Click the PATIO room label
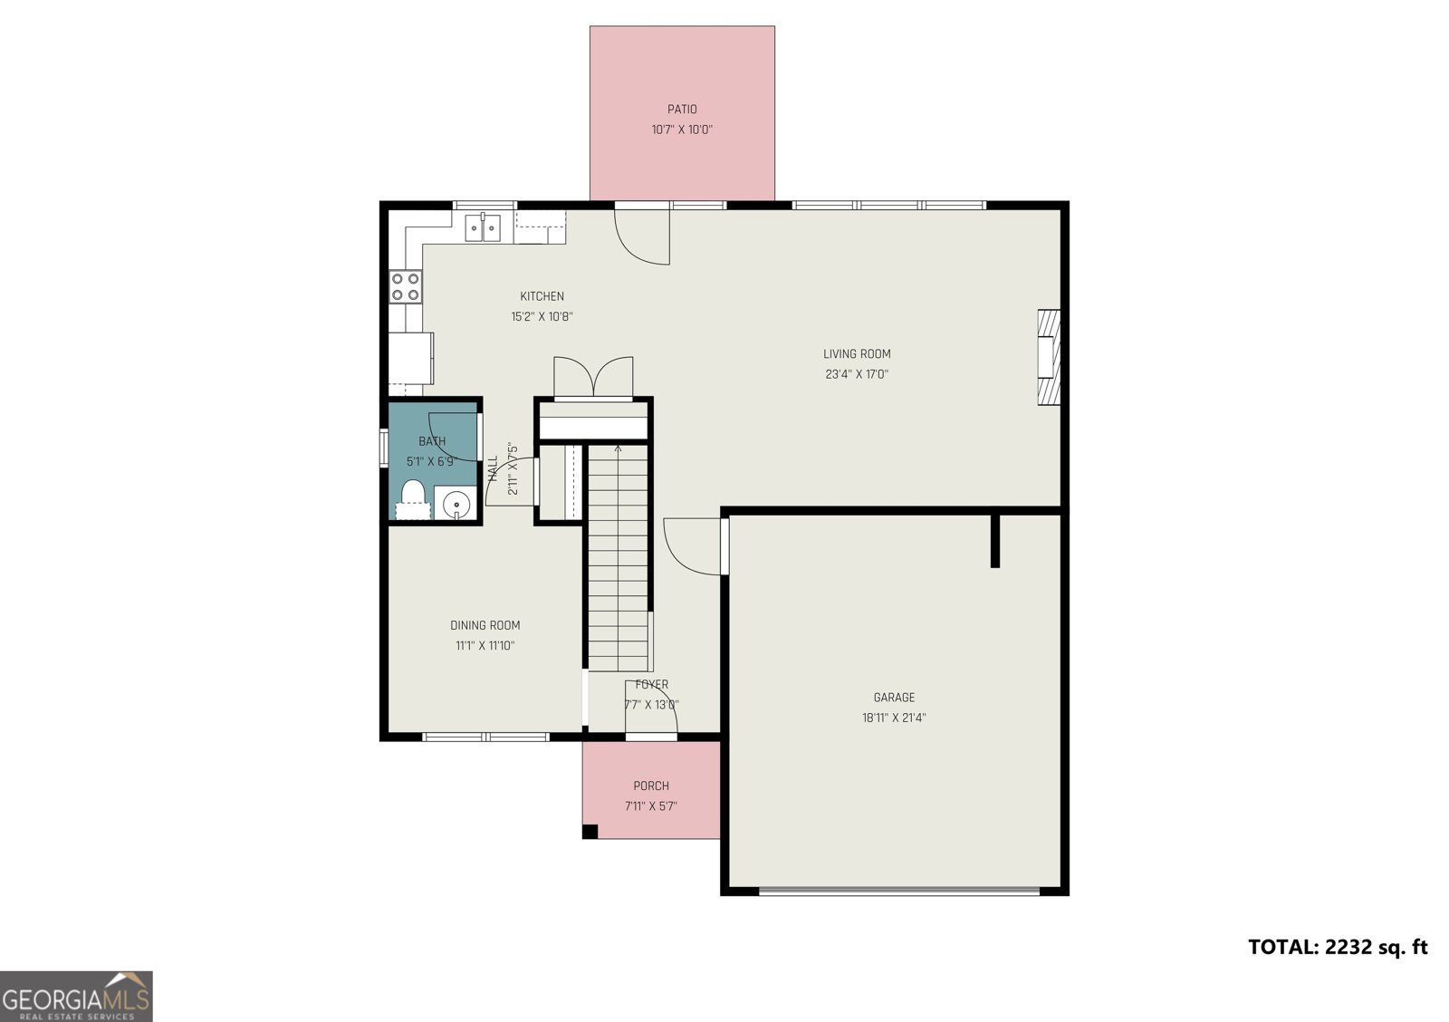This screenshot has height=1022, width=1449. point(682,109)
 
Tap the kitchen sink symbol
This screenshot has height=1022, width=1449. point(484,227)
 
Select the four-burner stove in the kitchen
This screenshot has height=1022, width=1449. point(406,286)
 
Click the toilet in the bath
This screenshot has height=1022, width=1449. point(413,499)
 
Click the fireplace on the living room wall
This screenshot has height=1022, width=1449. point(1049,357)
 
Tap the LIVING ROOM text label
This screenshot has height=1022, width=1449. point(857,354)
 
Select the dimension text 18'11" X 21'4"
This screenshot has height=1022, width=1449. point(894,718)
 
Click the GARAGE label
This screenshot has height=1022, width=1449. point(894,697)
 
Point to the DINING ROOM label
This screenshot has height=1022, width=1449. point(485,625)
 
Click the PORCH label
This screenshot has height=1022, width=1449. point(651,786)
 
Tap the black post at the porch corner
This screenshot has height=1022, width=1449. point(590,831)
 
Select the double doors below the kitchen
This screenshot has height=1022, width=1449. point(593,377)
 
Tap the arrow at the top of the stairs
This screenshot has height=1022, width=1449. point(619,448)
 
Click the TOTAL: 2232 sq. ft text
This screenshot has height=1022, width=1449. point(1338,947)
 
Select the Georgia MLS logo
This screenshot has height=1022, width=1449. point(76,996)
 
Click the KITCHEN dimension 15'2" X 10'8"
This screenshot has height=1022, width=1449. point(542,316)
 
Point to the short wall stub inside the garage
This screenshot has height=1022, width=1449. point(994,541)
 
